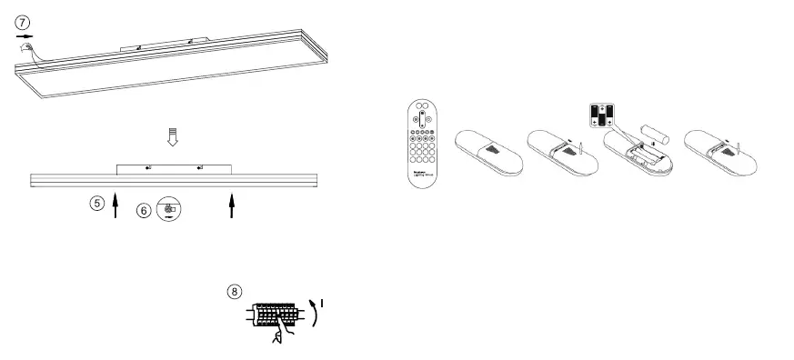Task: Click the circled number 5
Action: point(96,203)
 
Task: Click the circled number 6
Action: point(143,210)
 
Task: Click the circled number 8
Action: point(235,292)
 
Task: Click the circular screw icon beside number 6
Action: point(169,208)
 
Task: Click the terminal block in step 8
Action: point(276,315)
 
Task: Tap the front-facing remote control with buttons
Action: point(421,145)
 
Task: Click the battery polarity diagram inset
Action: point(602,115)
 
